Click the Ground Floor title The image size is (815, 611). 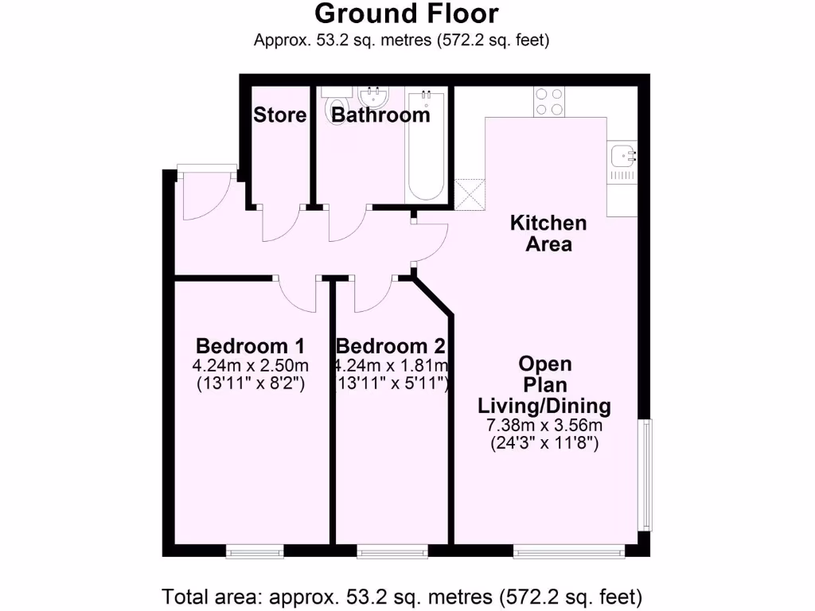tap(407, 14)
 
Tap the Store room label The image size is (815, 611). tap(279, 115)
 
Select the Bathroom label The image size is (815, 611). tap(380, 115)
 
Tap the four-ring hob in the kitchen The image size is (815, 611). tap(548, 101)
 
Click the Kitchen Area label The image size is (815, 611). tap(548, 234)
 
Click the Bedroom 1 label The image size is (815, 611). tap(250, 347)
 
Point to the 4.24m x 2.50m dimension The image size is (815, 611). tap(250, 366)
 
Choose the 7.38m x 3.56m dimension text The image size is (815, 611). tap(544, 425)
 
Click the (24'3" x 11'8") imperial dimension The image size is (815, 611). tap(544, 443)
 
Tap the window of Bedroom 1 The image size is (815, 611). tap(255, 551)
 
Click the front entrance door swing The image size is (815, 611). tap(202, 196)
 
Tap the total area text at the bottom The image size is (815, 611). tap(402, 596)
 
